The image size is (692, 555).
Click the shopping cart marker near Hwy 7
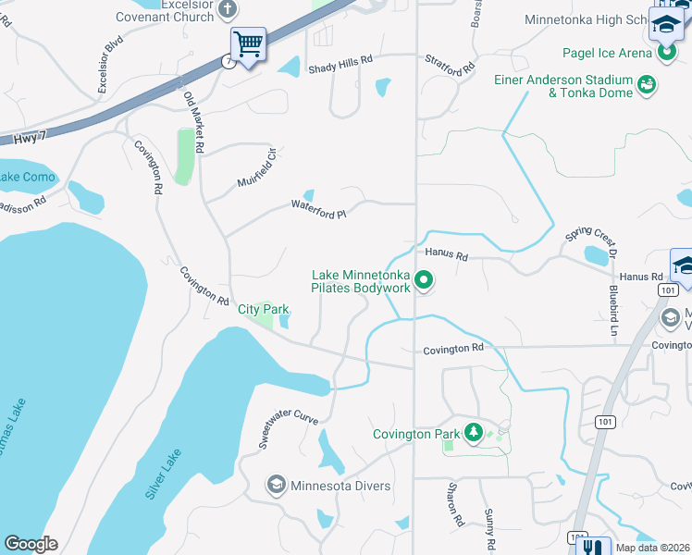click(248, 43)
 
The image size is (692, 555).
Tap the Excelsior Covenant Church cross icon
click(228, 10)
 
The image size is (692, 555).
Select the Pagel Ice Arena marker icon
click(667, 54)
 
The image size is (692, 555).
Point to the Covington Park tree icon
click(473, 433)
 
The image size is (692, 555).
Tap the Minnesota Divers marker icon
click(276, 486)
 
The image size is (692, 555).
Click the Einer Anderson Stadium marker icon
click(648, 86)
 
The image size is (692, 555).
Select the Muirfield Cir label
click(256, 167)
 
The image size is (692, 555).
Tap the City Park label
click(264, 309)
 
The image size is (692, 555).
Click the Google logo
click(31, 544)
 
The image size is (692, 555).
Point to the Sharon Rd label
click(454, 504)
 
